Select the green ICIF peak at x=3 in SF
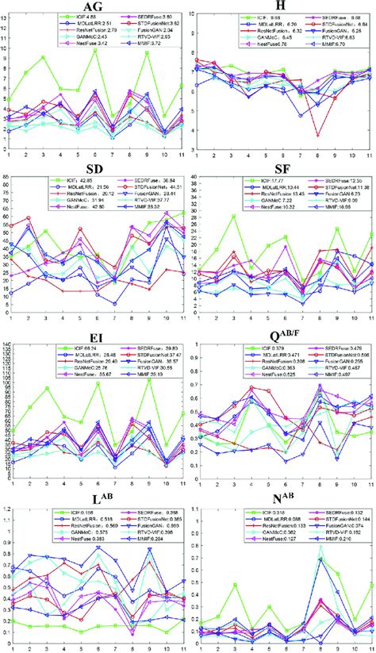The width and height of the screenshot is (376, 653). click(233, 215)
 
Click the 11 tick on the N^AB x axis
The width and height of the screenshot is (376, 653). click(370, 647)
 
